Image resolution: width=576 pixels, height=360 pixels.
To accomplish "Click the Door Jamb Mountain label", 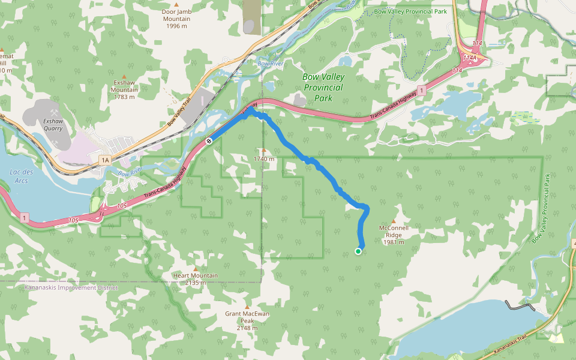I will (x=176, y=19).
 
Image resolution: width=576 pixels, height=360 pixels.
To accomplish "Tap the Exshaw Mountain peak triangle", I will (x=124, y=76).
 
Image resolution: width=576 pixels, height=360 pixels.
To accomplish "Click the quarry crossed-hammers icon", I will (x=54, y=112).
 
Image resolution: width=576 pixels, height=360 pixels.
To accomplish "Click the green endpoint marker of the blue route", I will (x=358, y=251).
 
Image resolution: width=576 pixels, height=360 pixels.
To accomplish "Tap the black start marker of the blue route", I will (x=209, y=141).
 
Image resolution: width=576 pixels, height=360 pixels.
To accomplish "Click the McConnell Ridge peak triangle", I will (x=394, y=221).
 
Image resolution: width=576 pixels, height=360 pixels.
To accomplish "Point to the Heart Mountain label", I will (x=195, y=279).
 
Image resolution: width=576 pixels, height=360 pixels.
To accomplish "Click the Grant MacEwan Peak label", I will (x=247, y=317).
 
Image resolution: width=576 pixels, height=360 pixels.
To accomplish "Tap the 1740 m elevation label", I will (x=264, y=159).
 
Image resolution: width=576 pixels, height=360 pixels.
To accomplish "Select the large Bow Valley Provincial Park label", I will (x=323, y=87).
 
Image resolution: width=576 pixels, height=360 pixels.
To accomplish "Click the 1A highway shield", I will (x=106, y=160).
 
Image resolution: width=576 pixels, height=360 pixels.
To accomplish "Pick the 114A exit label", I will (x=469, y=58).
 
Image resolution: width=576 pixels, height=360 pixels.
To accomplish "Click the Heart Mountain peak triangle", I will (x=195, y=269).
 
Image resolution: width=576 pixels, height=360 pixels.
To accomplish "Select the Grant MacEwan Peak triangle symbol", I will (x=247, y=307).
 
